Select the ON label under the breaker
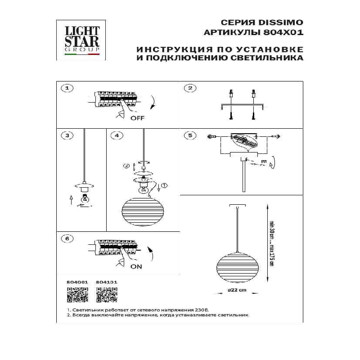[x=137, y=266]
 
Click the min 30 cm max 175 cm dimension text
[x=271, y=243]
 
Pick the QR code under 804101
[x=107, y=295]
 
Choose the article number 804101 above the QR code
[x=107, y=283]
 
